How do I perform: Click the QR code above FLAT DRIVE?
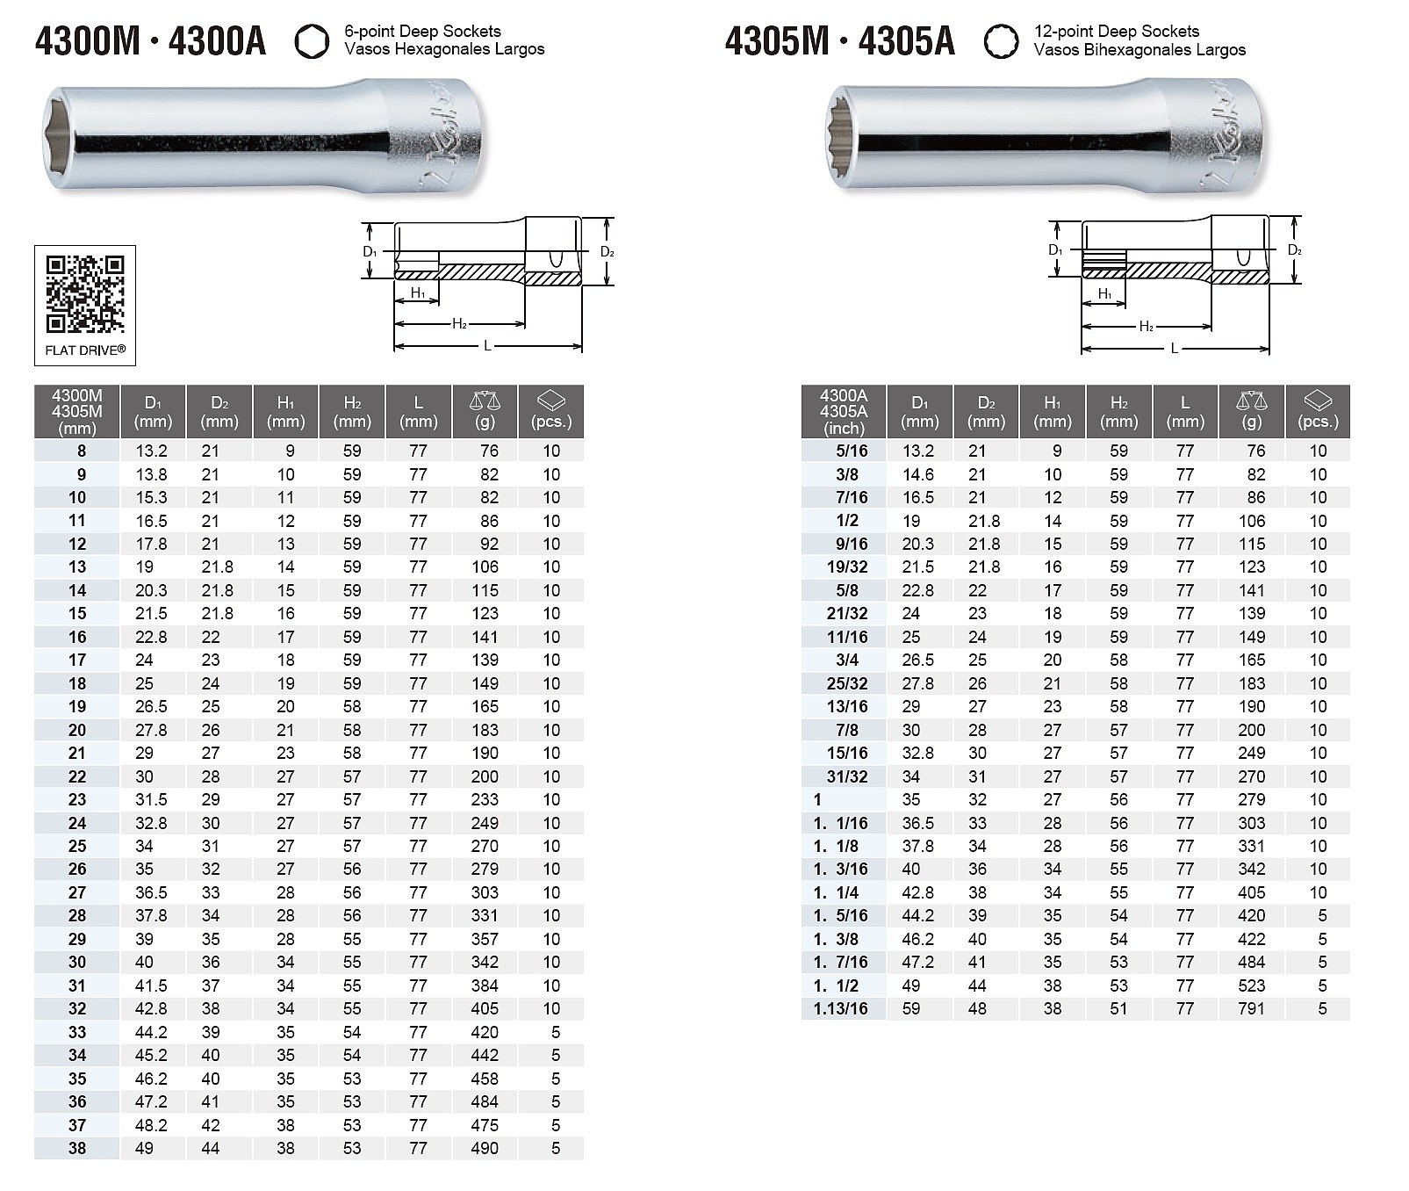[85, 294]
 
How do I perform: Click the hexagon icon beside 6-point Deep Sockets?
[312, 41]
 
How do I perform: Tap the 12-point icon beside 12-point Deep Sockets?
[1001, 41]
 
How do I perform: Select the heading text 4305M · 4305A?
[839, 41]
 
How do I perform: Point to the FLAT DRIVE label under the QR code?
[85, 350]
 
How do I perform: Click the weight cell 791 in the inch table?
[1252, 1008]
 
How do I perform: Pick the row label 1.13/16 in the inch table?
[840, 1008]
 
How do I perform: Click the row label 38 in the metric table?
[77, 1148]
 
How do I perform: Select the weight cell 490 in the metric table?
[485, 1148]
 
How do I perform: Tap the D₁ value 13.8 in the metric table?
[151, 474]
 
